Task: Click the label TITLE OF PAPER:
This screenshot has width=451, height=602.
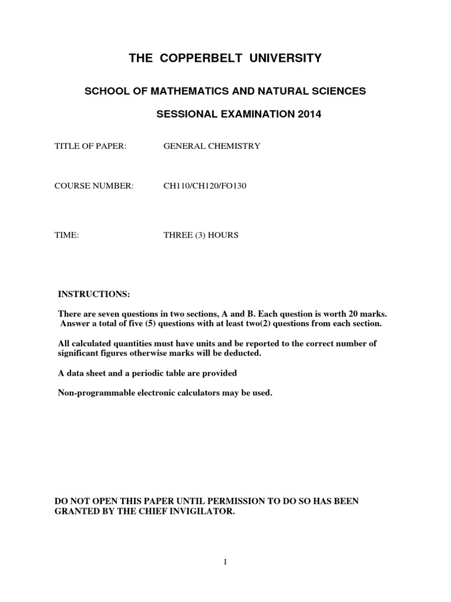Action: (x=90, y=146)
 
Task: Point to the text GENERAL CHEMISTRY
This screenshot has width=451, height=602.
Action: (x=211, y=146)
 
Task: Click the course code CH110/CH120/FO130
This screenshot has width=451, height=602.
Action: (x=201, y=187)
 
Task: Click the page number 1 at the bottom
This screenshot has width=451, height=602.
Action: (x=225, y=562)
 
